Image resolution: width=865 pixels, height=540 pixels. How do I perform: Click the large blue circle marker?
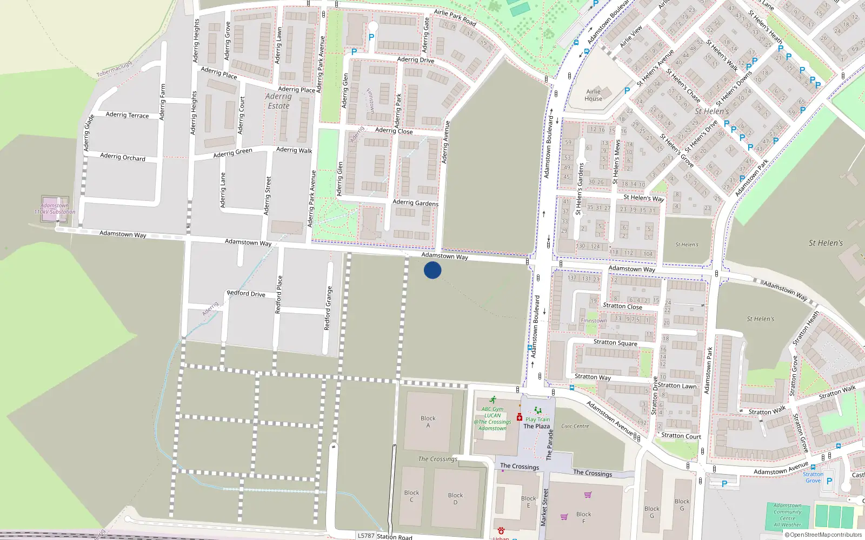(432, 270)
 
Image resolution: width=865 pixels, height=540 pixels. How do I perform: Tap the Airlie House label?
(593, 95)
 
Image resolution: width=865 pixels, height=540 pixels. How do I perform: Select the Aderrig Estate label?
(278, 101)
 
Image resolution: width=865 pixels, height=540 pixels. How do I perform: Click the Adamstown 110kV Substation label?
(55, 208)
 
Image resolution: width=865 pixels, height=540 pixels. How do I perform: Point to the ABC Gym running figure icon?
(493, 400)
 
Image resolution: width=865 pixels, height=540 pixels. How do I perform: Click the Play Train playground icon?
(537, 411)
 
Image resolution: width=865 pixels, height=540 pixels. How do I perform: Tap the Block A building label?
(428, 422)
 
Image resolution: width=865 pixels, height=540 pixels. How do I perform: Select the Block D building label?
(455, 498)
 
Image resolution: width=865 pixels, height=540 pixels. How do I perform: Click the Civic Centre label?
(575, 426)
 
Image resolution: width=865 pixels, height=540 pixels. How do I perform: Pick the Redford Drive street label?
(246, 294)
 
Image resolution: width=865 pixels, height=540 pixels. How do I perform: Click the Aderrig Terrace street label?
(127, 114)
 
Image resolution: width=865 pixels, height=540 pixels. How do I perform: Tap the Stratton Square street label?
(615, 343)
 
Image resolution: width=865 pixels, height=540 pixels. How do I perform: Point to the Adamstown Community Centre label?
(787, 515)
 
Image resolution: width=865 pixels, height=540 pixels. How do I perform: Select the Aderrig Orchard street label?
(123, 157)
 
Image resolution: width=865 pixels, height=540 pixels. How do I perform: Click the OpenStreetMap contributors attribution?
(823, 535)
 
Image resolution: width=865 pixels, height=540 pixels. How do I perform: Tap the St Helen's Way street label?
(643, 198)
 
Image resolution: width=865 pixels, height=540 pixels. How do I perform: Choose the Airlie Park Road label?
(455, 18)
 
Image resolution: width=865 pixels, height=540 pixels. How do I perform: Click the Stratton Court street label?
(681, 436)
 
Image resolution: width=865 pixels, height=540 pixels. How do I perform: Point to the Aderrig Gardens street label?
(415, 202)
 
